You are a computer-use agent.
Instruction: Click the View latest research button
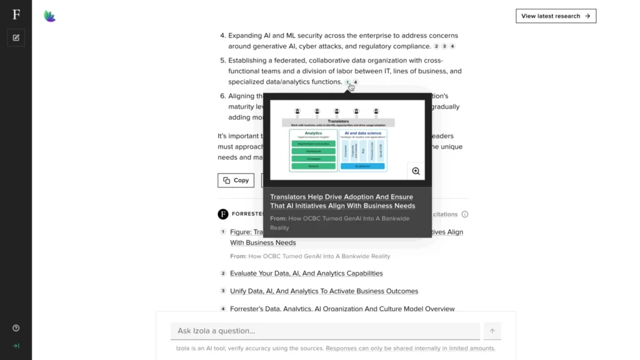556,16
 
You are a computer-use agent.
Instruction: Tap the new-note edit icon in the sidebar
16,37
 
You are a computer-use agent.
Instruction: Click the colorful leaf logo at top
50,16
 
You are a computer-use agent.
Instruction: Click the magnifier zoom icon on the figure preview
416,171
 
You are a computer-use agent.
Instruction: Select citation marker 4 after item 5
356,82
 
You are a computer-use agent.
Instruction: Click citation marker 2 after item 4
436,46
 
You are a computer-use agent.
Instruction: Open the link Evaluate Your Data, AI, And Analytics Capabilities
306,273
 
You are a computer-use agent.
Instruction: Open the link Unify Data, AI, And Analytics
324,291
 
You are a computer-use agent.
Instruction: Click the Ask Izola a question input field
325,331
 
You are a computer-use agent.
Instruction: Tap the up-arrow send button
492,331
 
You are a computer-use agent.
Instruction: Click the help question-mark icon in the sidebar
16,328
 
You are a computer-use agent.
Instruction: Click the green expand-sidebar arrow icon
16,346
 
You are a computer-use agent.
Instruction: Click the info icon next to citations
464,214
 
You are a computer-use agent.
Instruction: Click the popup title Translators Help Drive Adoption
342,201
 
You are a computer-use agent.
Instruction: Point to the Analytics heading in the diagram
313,133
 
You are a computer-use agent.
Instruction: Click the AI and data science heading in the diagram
362,133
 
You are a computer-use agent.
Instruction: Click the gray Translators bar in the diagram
338,122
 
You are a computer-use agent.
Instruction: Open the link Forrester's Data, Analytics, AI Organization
342,308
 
